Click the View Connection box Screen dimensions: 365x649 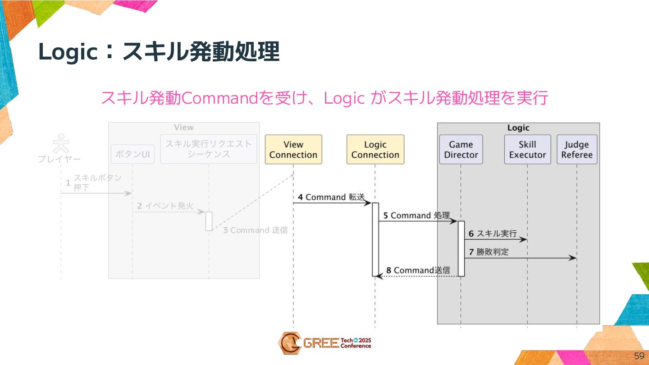click(x=293, y=150)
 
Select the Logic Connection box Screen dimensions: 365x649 click(x=375, y=150)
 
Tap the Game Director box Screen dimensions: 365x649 click(x=461, y=150)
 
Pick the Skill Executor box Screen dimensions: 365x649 click(x=527, y=150)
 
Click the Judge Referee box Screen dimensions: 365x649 click(x=577, y=150)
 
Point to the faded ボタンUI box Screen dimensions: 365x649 click(x=133, y=155)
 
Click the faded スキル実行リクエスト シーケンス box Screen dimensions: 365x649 click(x=209, y=149)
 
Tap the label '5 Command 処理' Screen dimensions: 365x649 click(x=416, y=215)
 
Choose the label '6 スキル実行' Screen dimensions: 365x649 click(x=493, y=234)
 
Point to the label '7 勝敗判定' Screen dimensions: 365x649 click(x=489, y=252)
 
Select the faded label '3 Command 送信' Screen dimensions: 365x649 click(x=256, y=230)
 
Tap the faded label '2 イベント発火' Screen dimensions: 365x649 click(x=165, y=206)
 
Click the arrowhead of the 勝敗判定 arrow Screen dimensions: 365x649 click(x=573, y=258)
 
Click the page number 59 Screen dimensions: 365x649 click(x=639, y=356)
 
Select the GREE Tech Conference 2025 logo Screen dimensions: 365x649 click(x=324, y=343)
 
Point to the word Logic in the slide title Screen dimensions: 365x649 click(x=68, y=52)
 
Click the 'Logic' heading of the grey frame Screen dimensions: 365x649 click(x=518, y=128)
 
